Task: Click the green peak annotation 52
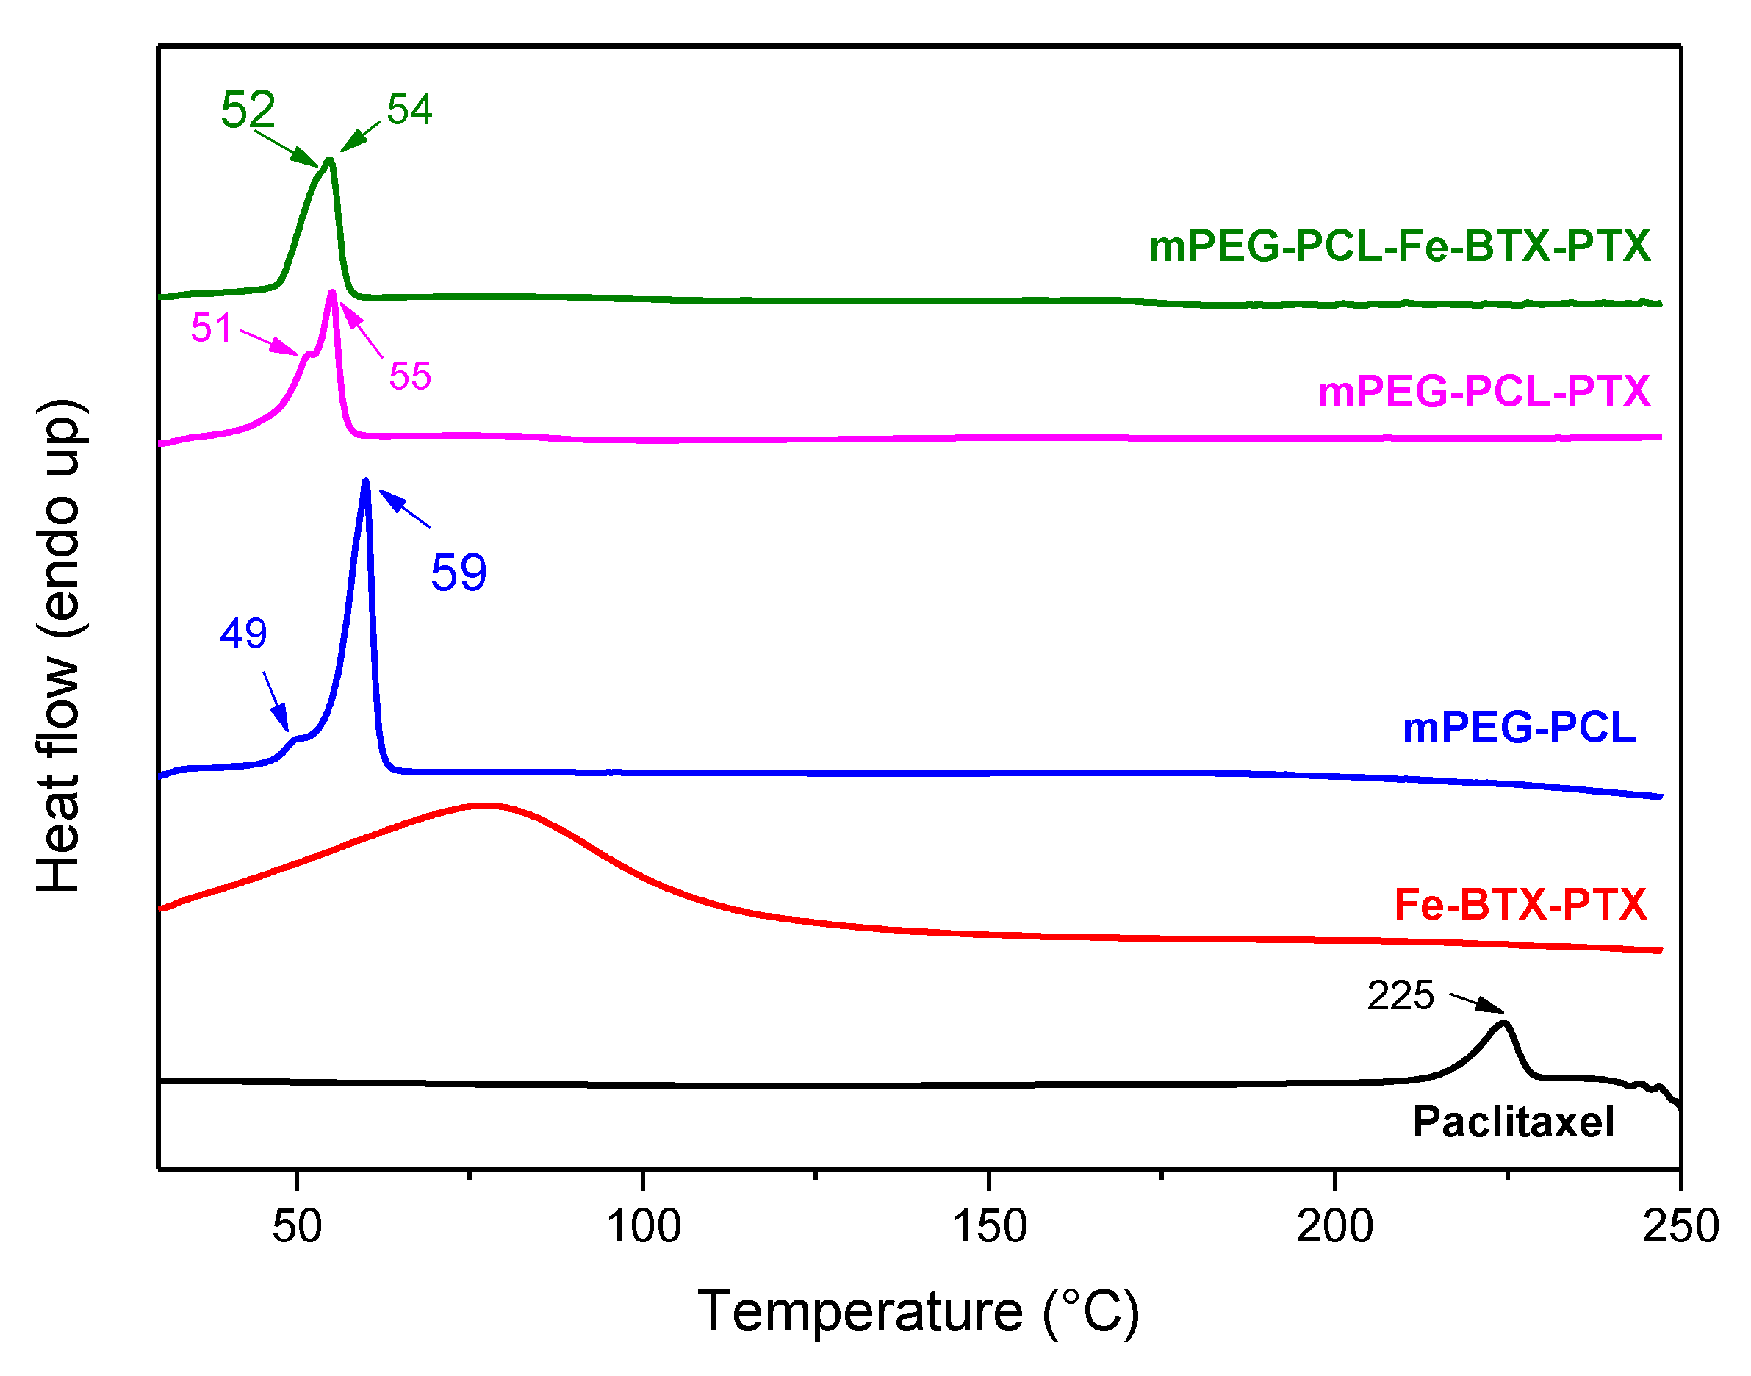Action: [x=248, y=110]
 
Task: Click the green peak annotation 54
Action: [x=409, y=110]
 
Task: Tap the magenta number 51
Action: [x=211, y=328]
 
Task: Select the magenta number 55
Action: [x=410, y=376]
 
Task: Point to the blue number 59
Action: [x=459, y=573]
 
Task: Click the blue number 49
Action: [x=243, y=633]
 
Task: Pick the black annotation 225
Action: [x=1401, y=996]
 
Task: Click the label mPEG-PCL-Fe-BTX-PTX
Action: [x=1399, y=246]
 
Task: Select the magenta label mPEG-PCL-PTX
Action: [x=1484, y=393]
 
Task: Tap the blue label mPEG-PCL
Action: [x=1519, y=728]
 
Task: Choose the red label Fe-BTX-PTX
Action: [x=1520, y=905]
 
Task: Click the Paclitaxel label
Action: [x=1514, y=1122]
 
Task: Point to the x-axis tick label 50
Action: [x=296, y=1227]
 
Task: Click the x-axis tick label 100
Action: [x=643, y=1227]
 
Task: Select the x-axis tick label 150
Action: [x=989, y=1227]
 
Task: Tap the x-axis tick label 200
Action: [x=1334, y=1227]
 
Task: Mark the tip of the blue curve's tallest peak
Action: [x=366, y=481]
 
